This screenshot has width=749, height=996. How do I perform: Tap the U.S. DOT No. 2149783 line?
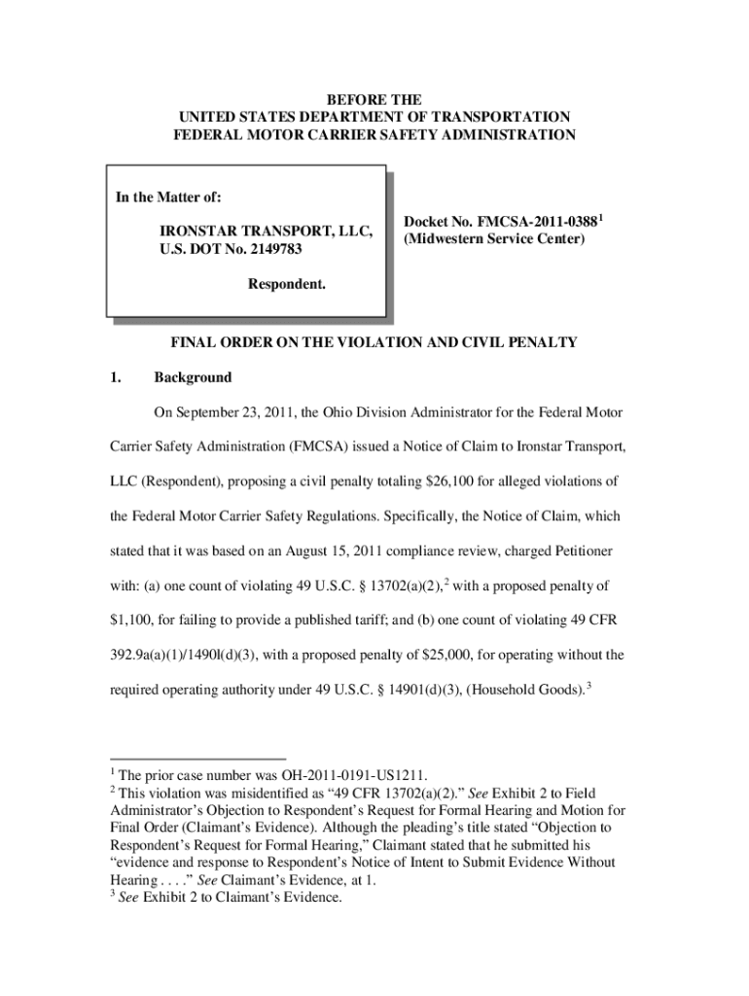pos(232,250)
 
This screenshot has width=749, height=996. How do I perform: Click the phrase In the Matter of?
pos(168,198)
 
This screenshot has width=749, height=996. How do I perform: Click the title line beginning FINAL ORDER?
pos(374,342)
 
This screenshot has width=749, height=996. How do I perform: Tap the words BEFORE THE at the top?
pos(374,100)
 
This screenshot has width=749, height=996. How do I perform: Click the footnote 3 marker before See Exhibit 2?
pos(110,894)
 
